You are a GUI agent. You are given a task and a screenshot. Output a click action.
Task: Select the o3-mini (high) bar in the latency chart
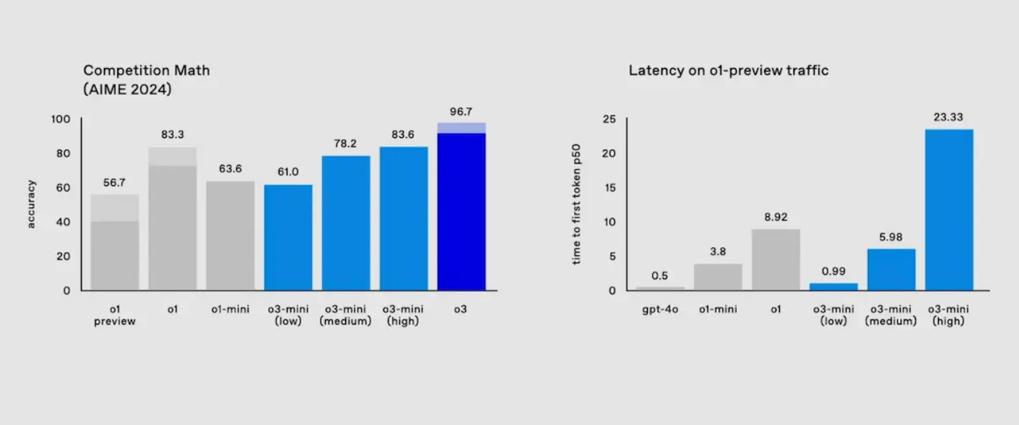[949, 210]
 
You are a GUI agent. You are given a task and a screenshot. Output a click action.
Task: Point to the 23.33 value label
[949, 117]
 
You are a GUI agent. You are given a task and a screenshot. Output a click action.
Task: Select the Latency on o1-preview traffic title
[728, 71]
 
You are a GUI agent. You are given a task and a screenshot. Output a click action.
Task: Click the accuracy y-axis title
[31, 204]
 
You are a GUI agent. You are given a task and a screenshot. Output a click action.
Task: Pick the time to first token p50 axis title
[576, 205]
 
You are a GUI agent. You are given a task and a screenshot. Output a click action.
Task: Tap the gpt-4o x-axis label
[660, 309]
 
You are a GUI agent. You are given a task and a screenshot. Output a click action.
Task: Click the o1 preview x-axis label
[115, 315]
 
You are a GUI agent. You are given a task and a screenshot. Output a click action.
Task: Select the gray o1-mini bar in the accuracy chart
[230, 236]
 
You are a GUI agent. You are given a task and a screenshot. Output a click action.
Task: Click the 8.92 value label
[776, 217]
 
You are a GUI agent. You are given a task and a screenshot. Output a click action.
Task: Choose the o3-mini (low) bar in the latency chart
[833, 286]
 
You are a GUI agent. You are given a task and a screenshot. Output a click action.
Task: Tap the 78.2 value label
[346, 144]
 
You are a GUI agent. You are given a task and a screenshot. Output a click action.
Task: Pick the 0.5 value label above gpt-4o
[660, 275]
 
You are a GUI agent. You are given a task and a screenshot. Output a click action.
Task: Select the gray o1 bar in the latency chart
[776, 259]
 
